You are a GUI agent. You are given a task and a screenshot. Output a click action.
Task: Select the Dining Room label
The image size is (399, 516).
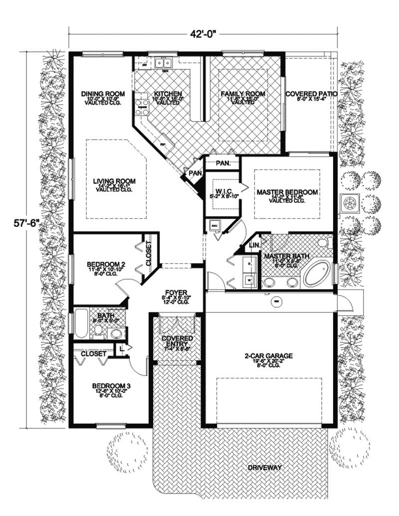click(103, 93)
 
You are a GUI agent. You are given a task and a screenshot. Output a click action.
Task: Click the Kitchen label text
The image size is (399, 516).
click(168, 93)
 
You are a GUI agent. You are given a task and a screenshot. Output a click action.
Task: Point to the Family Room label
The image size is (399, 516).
click(244, 93)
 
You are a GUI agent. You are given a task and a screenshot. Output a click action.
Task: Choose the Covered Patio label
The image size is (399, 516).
click(311, 93)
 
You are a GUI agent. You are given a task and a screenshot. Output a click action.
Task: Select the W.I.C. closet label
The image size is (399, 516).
click(222, 191)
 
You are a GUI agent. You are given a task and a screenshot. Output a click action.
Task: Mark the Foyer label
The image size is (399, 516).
click(177, 293)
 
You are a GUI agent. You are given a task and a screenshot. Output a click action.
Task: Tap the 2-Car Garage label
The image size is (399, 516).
click(268, 356)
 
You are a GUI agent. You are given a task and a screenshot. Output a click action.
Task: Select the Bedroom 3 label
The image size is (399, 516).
click(112, 385)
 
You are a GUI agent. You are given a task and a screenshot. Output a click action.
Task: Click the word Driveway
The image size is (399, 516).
click(265, 468)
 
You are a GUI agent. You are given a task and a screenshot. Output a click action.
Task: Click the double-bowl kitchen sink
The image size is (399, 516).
click(163, 63)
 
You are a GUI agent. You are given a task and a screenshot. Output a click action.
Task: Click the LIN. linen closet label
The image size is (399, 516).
click(253, 246)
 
